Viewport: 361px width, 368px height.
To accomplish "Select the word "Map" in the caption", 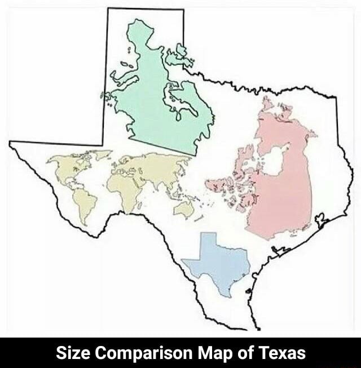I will coord(212,353).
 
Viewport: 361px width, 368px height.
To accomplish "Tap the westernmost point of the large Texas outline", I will coord(11,143).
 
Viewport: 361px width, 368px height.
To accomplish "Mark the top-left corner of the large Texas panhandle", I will coord(108,8).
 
